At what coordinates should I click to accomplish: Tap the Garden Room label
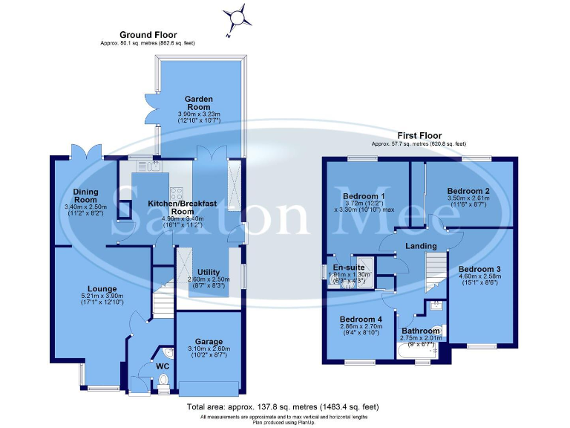(x=198, y=103)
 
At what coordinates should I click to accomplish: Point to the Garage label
(x=209, y=342)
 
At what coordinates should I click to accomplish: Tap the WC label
(x=163, y=366)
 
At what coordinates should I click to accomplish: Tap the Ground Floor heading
(x=148, y=35)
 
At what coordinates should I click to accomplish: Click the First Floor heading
(x=419, y=134)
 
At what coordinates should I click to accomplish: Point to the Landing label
(x=419, y=244)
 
